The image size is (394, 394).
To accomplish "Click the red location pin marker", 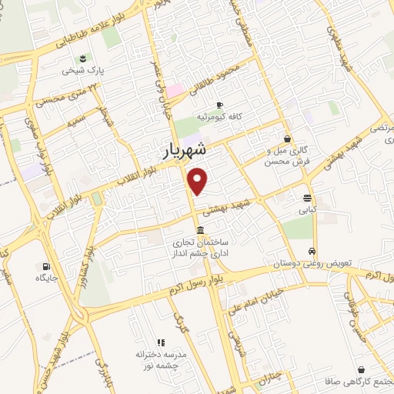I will click(199, 181).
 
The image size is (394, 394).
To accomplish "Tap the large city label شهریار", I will click(185, 152).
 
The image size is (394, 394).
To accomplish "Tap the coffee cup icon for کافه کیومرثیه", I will click(219, 105).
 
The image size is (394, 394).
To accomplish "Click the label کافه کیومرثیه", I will click(219, 116).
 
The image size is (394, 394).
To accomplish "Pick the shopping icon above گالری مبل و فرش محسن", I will click(287, 139).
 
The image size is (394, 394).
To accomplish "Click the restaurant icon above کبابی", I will click(308, 197).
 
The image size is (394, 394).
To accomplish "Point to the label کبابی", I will click(308, 209).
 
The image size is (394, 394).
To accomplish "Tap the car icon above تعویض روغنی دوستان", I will click(312, 252).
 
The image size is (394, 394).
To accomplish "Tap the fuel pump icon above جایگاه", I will click(40, 265).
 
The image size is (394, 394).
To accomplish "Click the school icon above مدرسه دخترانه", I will click(161, 342).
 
